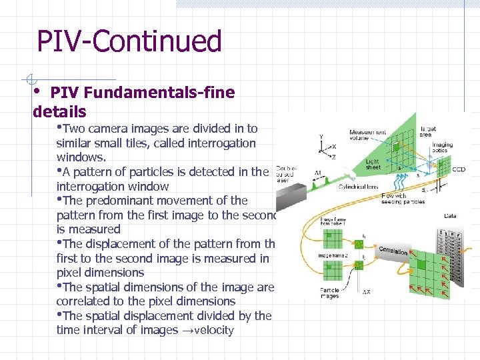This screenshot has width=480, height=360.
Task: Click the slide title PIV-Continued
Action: coord(129,41)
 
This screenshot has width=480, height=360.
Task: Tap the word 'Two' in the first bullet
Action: coord(75,129)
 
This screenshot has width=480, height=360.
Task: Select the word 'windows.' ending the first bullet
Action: coord(81,157)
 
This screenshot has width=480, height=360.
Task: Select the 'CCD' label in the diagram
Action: coord(459,169)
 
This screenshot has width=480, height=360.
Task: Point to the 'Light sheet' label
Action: coord(373,165)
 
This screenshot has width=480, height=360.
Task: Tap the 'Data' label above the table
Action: coord(450,216)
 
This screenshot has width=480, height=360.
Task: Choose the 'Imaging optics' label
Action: coord(442,147)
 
